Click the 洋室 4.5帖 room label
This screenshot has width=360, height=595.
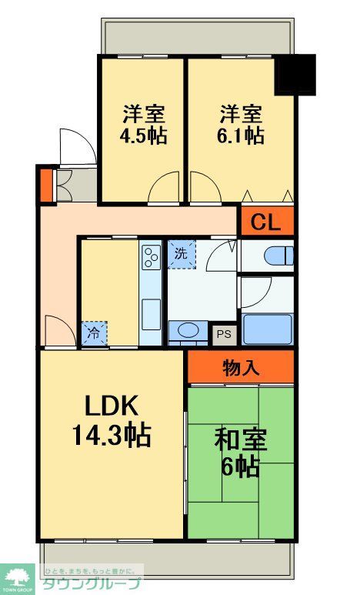tap(142, 125)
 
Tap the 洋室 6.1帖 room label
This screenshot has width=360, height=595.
tap(241, 125)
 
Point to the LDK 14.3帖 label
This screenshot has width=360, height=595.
tap(112, 421)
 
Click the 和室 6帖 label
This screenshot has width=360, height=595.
tap(240, 453)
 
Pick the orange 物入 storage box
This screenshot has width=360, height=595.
tap(241, 367)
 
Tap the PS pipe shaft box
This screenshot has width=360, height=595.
tap(224, 335)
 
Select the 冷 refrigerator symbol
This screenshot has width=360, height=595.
tap(95, 333)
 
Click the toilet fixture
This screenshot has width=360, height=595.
tap(276, 255)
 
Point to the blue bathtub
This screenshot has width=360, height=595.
tap(267, 329)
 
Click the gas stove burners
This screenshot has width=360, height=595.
tap(151, 256)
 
